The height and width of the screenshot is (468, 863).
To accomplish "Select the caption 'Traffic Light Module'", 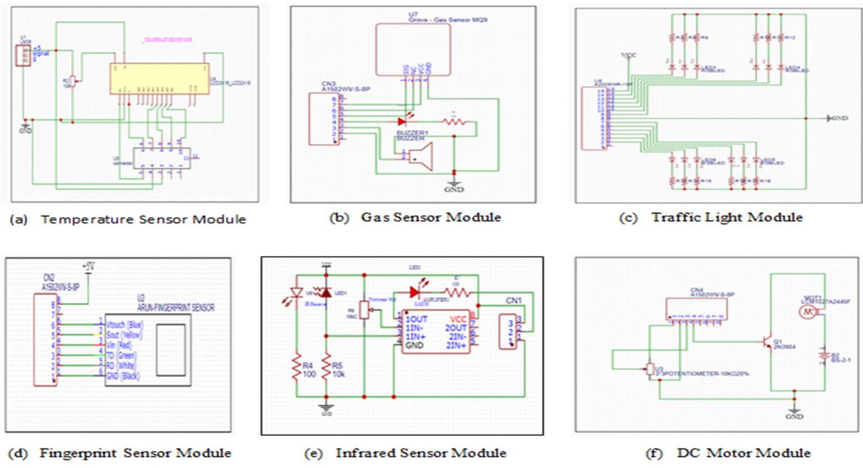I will [726, 217].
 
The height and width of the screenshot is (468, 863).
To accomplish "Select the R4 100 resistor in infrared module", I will [296, 369].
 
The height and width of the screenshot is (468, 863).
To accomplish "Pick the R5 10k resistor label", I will [339, 370].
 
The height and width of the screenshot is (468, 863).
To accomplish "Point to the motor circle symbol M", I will [807, 312].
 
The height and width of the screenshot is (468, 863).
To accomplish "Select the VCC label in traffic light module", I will [629, 55].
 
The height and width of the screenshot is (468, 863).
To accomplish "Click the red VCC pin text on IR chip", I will [458, 319].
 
